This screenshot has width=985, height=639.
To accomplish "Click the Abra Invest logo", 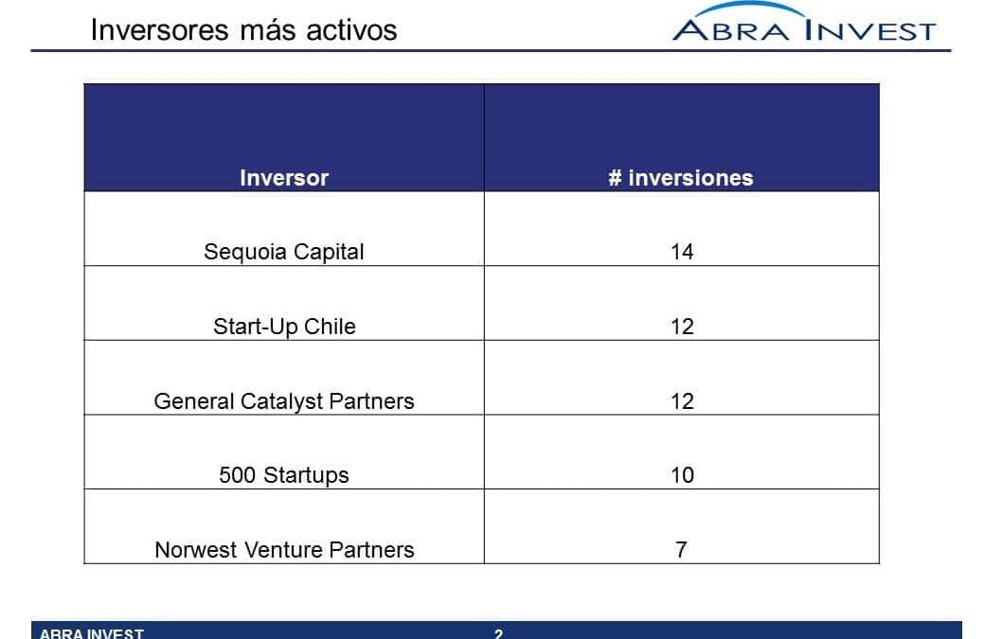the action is (804, 24).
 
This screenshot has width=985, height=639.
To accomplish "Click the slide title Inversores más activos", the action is (243, 30).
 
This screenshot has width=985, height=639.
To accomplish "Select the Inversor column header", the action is (284, 178).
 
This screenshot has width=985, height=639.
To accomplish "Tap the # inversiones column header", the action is (681, 178).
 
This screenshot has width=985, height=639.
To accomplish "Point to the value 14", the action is (682, 253).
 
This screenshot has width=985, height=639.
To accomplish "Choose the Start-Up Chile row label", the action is (284, 327).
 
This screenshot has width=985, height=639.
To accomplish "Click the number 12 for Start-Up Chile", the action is (682, 327).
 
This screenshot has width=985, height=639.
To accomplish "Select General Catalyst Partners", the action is (284, 401).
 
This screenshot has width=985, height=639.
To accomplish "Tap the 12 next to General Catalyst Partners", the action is (682, 401).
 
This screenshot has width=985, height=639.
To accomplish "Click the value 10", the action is (682, 476).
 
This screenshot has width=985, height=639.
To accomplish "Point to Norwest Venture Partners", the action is (284, 550).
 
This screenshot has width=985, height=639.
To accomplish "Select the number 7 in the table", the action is (681, 551).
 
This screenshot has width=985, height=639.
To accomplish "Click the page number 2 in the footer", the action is (498, 634).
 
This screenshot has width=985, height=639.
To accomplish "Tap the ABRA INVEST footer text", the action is (92, 633).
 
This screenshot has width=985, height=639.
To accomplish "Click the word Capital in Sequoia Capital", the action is (329, 253).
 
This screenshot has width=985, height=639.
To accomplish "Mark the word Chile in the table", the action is (330, 327).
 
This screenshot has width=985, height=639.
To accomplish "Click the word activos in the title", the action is (351, 30).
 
